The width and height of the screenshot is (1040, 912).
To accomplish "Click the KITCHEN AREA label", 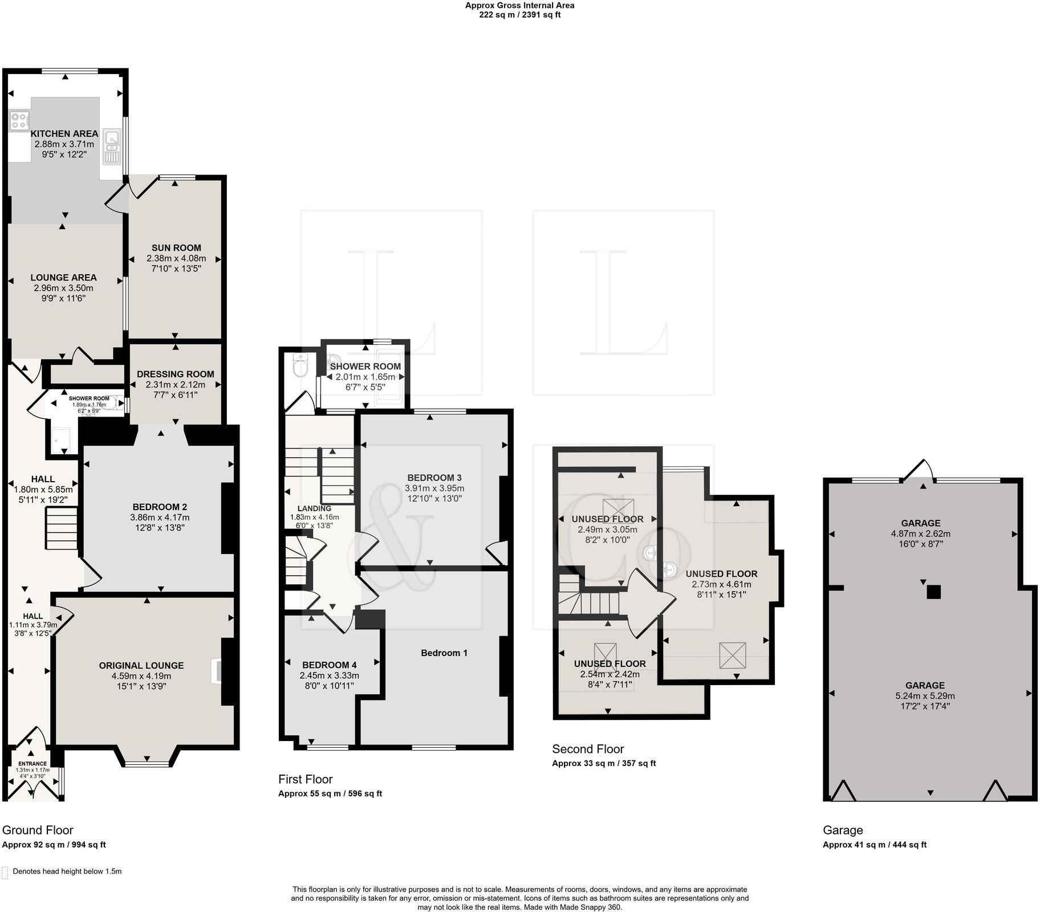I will [64, 133].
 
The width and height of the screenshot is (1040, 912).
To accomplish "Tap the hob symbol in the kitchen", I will [19, 121].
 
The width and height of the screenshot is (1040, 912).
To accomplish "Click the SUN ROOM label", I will [176, 247].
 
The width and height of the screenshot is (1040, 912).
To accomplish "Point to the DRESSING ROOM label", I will [176, 374].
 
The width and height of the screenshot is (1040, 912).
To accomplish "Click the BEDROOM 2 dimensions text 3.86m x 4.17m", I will [160, 518].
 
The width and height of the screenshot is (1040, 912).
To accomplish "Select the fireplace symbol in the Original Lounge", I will [217, 671].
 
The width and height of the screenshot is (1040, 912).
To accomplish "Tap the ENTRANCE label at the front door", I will [32, 764].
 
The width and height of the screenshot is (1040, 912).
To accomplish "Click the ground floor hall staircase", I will [62, 528].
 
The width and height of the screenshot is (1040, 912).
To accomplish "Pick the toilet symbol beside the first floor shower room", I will [299, 365].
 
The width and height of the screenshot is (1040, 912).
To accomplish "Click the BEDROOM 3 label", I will [434, 478].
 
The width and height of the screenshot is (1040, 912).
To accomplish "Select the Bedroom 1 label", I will [444, 653].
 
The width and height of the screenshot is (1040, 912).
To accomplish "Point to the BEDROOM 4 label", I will [330, 665].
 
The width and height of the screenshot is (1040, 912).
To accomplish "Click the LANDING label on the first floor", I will [314, 508].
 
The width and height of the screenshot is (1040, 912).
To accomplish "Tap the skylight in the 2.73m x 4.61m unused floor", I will [733, 655].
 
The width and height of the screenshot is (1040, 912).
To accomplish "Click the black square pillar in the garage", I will [933, 593].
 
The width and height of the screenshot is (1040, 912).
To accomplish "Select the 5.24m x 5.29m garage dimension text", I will [925, 695].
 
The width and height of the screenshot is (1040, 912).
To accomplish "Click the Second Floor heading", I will [588, 749].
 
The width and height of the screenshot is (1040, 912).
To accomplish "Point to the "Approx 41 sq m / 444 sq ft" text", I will [875, 845].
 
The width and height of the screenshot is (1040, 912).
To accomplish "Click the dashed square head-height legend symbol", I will [5, 873].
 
